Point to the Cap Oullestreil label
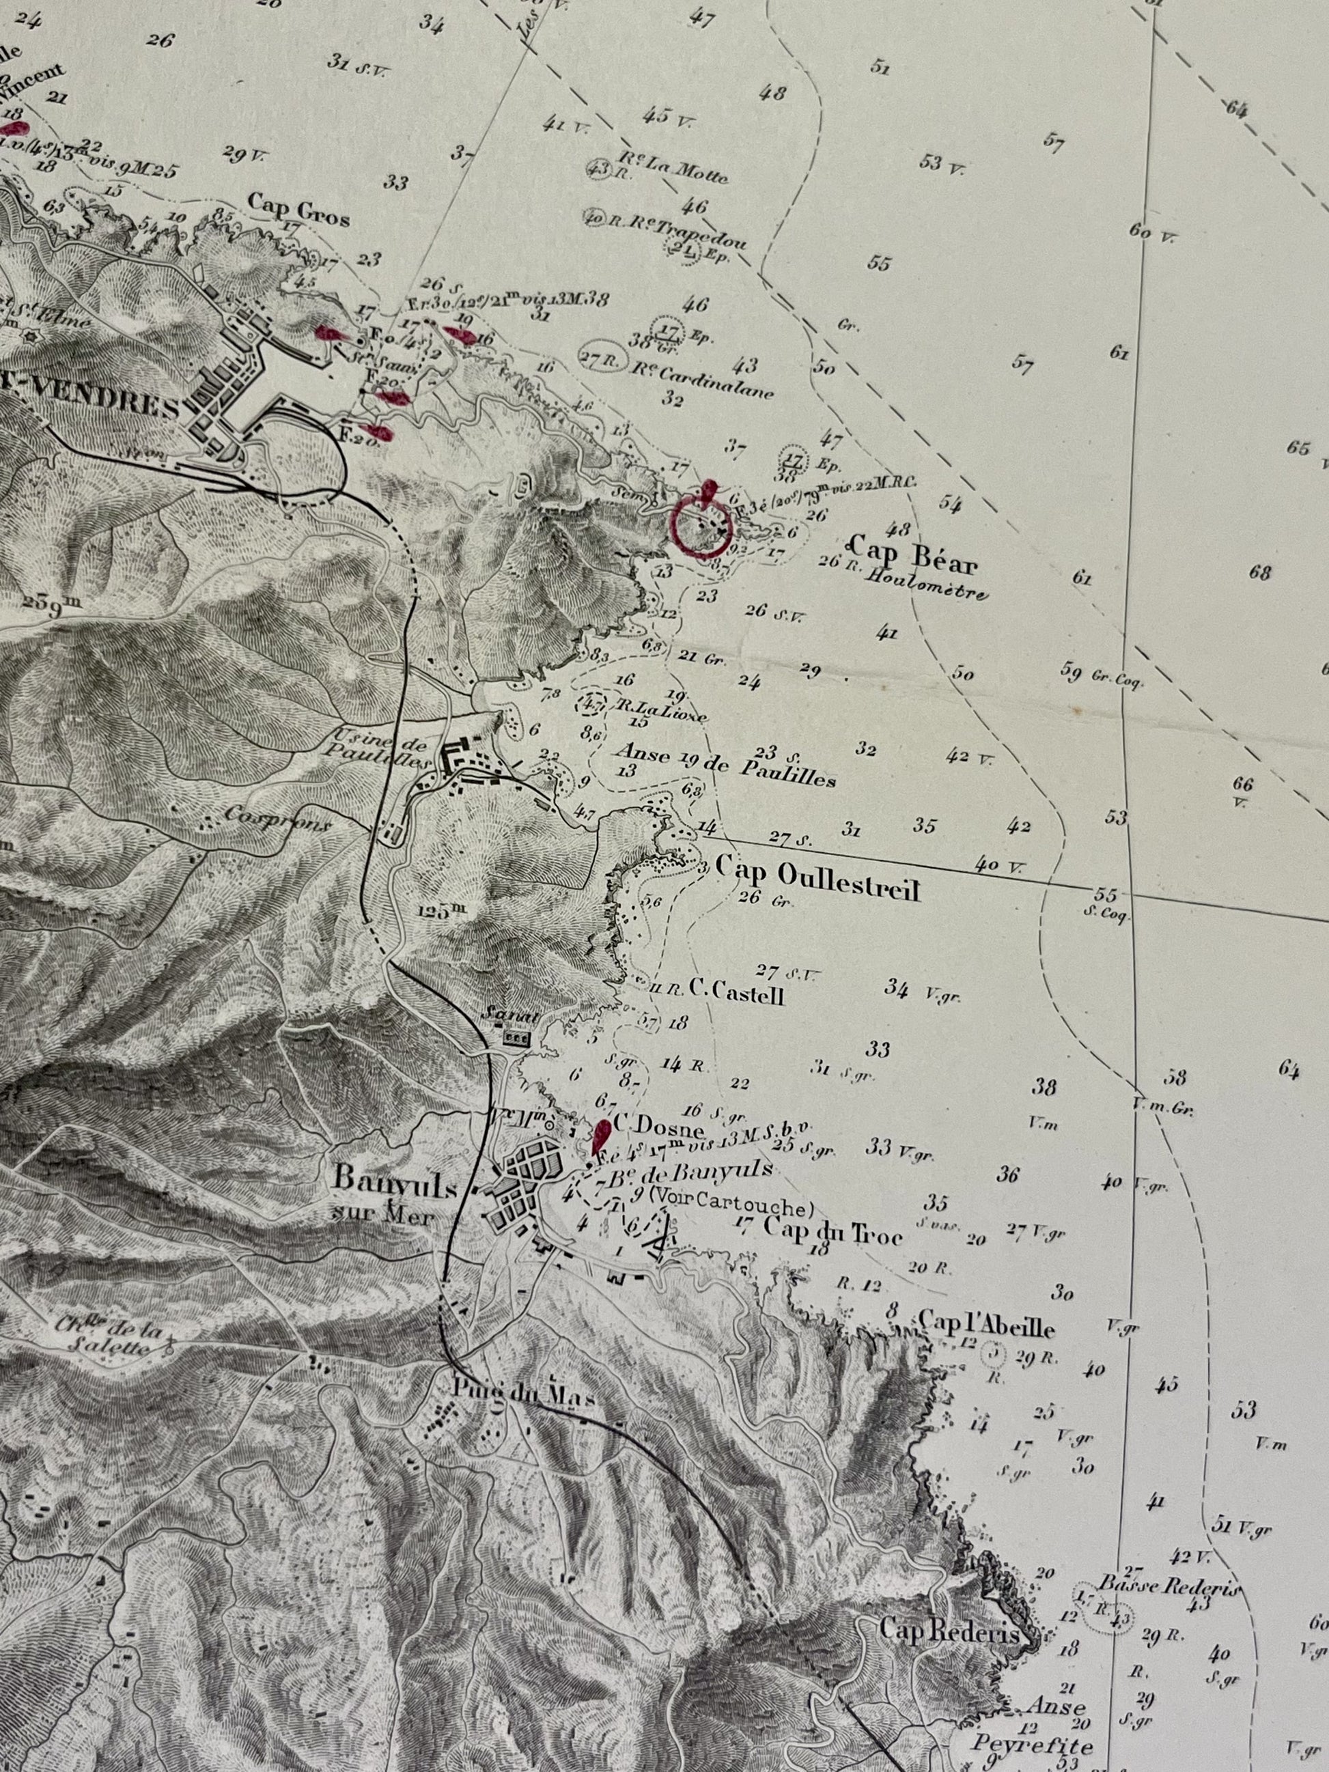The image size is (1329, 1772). [817, 875]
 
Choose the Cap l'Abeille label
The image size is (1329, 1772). [986, 1324]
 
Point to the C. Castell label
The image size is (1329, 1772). [736, 994]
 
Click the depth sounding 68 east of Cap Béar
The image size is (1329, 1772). [1260, 572]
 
